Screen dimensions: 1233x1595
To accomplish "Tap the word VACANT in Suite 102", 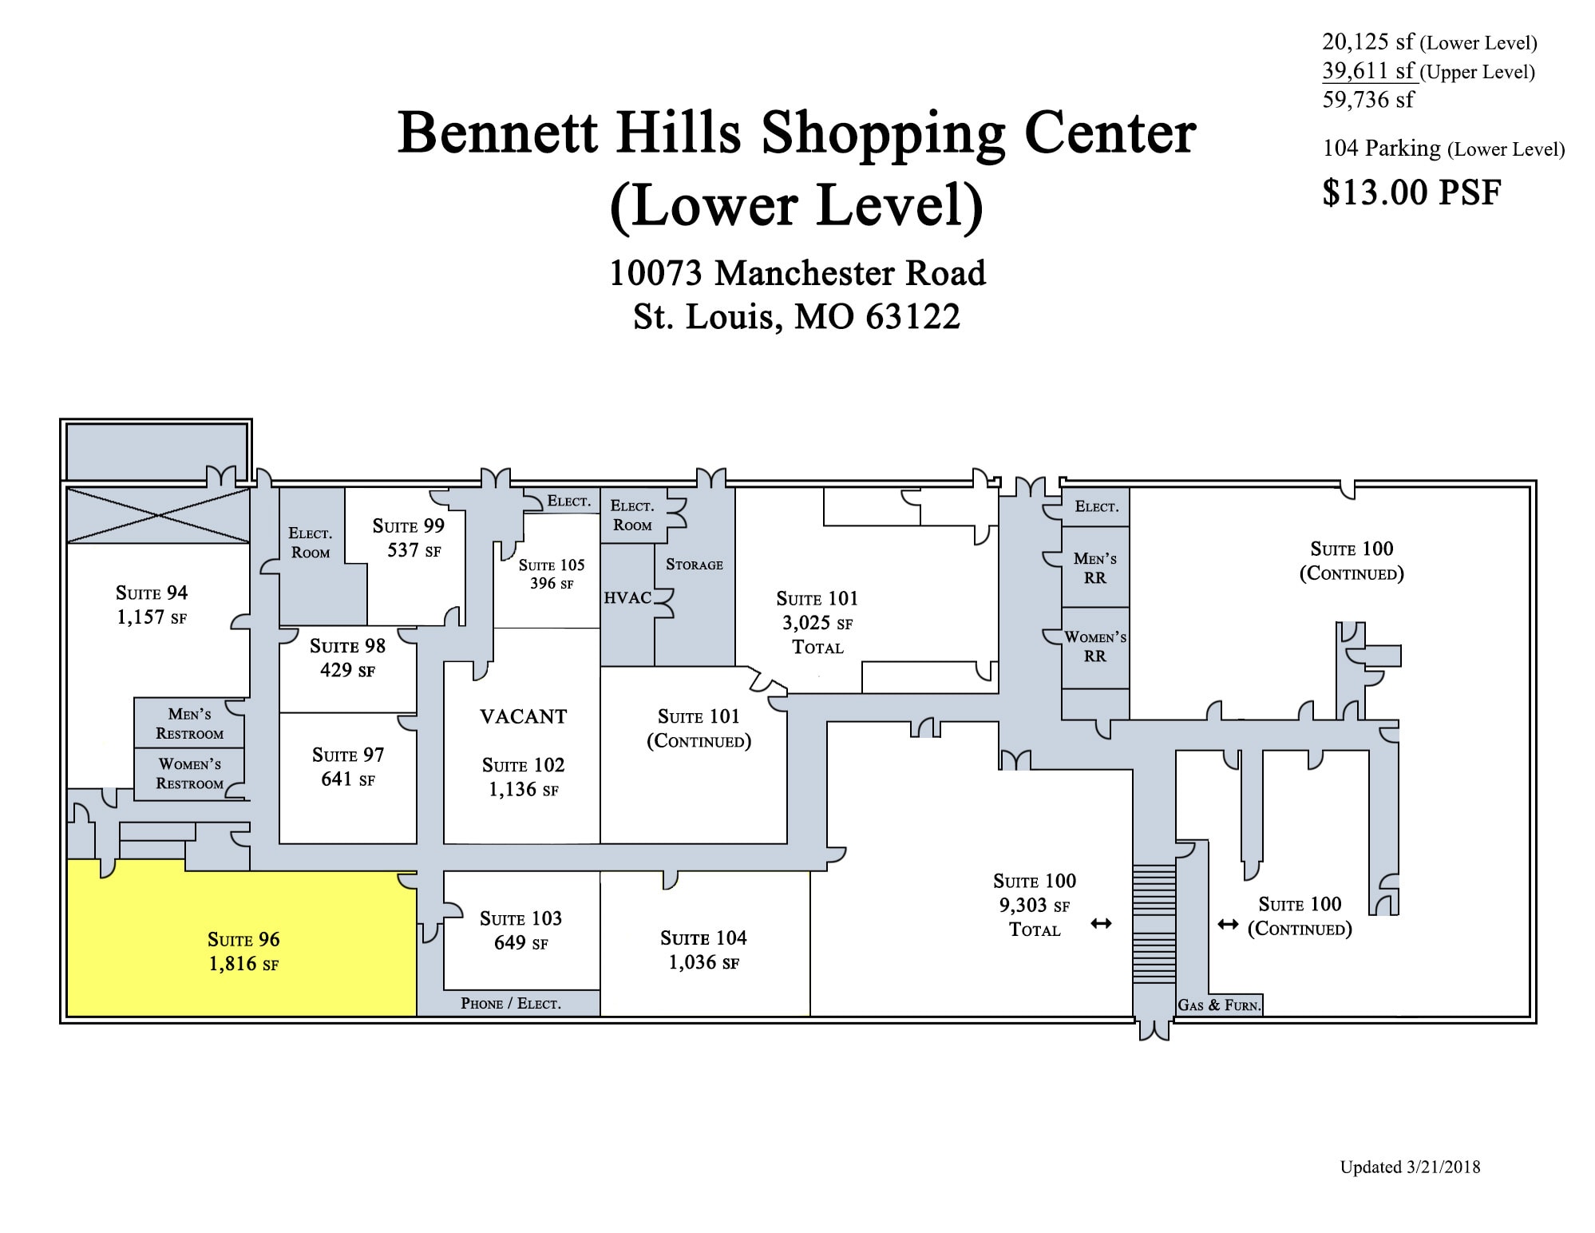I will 523,716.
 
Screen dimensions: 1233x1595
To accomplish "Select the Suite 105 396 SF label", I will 551,574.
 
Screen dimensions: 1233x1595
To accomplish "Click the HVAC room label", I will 627,597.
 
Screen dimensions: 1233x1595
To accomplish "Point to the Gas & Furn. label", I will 1219,1005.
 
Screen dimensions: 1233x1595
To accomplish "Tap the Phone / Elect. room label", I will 510,1004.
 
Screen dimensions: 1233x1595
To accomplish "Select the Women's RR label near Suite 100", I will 1095,646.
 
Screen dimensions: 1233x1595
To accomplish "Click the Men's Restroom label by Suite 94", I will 189,724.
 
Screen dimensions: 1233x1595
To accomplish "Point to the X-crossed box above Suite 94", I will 158,515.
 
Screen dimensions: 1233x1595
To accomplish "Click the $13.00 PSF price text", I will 1411,192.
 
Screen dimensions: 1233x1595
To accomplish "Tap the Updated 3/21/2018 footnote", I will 1410,1167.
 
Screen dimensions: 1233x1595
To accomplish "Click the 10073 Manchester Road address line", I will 797,273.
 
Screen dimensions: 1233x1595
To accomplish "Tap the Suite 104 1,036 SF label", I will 703,950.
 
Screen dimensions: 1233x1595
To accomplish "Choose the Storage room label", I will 694,565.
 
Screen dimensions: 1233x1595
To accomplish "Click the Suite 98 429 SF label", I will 347,657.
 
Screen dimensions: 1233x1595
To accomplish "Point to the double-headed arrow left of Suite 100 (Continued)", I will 1227,925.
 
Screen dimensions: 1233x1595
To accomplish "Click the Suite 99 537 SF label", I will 409,537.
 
